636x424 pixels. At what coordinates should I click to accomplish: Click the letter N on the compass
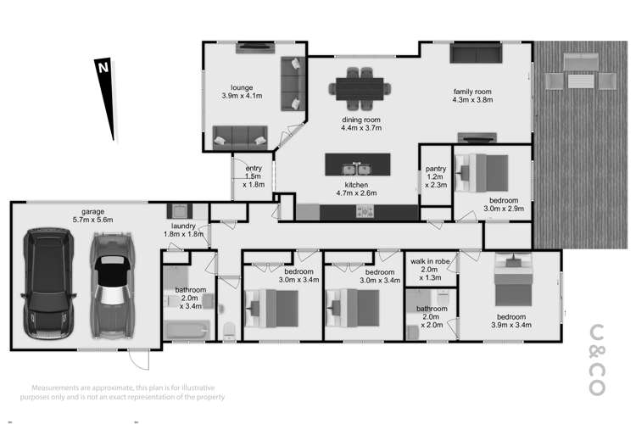point(102,67)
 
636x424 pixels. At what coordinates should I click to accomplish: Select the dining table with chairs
point(362,86)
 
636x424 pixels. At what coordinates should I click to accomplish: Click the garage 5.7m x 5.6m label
point(91,215)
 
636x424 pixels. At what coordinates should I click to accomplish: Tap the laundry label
point(184,230)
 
